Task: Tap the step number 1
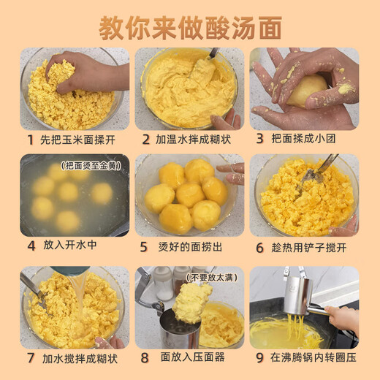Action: coord(31,139)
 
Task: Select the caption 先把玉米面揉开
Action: coord(78,139)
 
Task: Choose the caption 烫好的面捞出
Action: coord(191,247)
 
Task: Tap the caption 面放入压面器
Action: coord(191,358)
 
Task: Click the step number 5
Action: coord(144,247)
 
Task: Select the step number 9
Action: coord(260,358)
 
